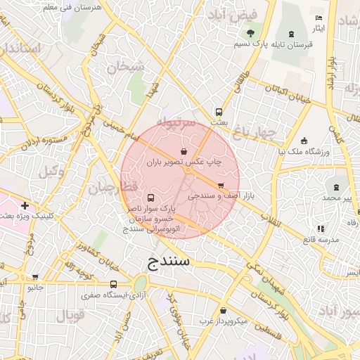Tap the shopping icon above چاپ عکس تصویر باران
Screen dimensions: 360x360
184,150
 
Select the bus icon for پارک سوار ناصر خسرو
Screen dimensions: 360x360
152,198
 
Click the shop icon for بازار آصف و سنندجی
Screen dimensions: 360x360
221,186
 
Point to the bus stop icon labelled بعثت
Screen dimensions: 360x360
219,111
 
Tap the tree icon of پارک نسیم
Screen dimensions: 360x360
251,32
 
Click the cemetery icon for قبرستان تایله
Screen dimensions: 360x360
292,33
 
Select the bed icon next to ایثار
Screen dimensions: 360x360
319,18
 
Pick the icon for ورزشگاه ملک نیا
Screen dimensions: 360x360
304,141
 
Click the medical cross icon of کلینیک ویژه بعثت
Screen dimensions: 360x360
25,206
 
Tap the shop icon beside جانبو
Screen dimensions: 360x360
35,277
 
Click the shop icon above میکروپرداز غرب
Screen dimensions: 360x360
224,310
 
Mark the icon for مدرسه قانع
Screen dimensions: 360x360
321,229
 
